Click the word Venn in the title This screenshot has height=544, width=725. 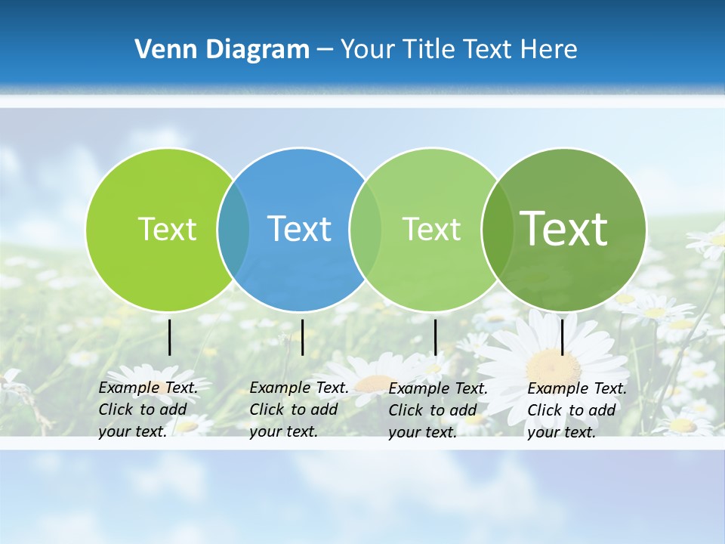tap(163, 49)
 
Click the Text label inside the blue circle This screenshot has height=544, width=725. tap(299, 229)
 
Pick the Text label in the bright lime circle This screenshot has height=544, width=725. tap(167, 229)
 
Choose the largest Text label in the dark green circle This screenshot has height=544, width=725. tap(564, 229)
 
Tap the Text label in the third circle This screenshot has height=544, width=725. tap(431, 229)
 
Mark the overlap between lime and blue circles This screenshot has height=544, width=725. tap(233, 229)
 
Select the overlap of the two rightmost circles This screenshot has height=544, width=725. tap(496, 229)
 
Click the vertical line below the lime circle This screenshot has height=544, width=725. tap(169, 337)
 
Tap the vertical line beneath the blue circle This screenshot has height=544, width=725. tap(302, 337)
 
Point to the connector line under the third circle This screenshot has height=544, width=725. tap(435, 337)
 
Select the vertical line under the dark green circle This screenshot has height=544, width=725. tap(562, 337)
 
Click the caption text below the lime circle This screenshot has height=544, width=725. tap(147, 410)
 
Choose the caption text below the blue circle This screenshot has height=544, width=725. tap(298, 410)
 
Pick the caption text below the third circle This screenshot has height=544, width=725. tap(437, 410)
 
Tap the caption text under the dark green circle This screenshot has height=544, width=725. tap(576, 410)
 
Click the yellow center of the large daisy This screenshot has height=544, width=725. tap(554, 367)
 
